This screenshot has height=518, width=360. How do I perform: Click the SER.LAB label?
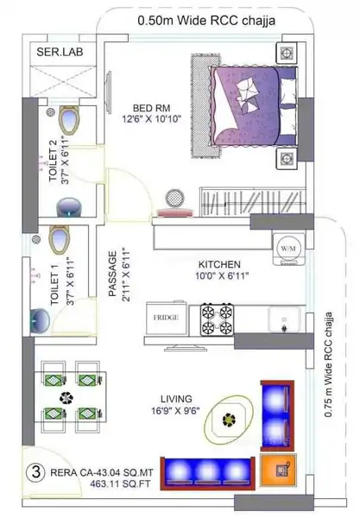point(60,52)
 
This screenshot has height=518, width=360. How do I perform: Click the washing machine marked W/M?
point(288,249)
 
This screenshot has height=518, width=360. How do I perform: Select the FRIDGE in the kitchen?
point(167,318)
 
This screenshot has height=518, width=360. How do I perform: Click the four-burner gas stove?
point(217,319)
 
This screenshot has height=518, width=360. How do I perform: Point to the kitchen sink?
point(284,319)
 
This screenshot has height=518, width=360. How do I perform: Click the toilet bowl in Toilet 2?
point(69,120)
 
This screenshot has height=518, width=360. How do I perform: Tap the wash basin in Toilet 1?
point(40,320)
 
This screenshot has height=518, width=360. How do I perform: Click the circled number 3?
point(35,472)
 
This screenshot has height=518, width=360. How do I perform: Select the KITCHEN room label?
point(219,264)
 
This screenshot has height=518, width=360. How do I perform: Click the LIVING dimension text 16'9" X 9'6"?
point(175,411)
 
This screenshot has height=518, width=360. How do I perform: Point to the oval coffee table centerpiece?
point(229,420)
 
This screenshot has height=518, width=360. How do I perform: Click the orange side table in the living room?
point(278,471)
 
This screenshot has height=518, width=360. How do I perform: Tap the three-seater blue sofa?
point(207,473)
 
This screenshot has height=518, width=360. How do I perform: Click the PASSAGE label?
point(113,274)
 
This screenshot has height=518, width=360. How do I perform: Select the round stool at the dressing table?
point(175,199)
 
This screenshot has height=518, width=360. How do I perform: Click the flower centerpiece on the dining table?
point(66,398)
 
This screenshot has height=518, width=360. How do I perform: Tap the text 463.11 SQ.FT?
point(120,484)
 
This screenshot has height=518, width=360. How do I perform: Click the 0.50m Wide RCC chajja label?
point(206,21)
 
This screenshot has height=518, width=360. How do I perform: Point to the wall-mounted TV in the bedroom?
point(108,93)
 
